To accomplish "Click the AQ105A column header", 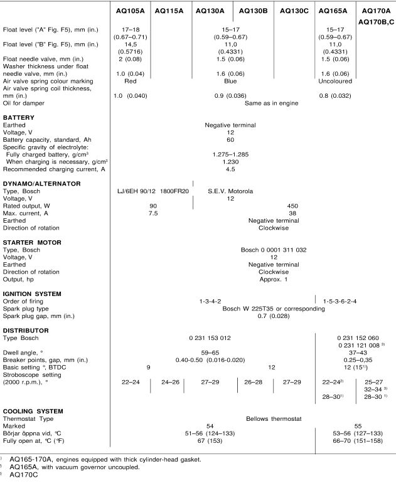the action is tap(130, 11).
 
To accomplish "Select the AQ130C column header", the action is tap(294, 11).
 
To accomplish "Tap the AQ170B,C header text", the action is tap(376, 22).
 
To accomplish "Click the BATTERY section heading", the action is tap(19, 117).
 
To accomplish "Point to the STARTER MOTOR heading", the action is tap(32, 242).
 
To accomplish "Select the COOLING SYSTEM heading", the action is tap(33, 411).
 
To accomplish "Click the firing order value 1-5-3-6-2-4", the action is tap(340, 301).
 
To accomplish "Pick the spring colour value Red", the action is tap(130, 81).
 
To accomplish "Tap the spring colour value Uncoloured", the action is tap(335, 81).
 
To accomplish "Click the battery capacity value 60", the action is tap(230, 140).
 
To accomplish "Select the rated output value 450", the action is tap(292, 206).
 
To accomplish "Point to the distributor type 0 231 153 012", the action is tap(210, 338).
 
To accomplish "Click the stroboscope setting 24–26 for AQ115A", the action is tap(170, 382).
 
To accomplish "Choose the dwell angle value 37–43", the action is tap(358, 353).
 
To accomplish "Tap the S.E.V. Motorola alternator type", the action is tap(230, 191).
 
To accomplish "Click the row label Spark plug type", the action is tap(26, 309).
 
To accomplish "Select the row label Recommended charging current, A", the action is tap(54, 169).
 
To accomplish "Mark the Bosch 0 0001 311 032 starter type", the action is tap(274, 250).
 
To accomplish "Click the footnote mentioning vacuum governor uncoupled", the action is tap(75, 467).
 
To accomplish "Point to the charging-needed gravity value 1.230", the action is tap(230, 162).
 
